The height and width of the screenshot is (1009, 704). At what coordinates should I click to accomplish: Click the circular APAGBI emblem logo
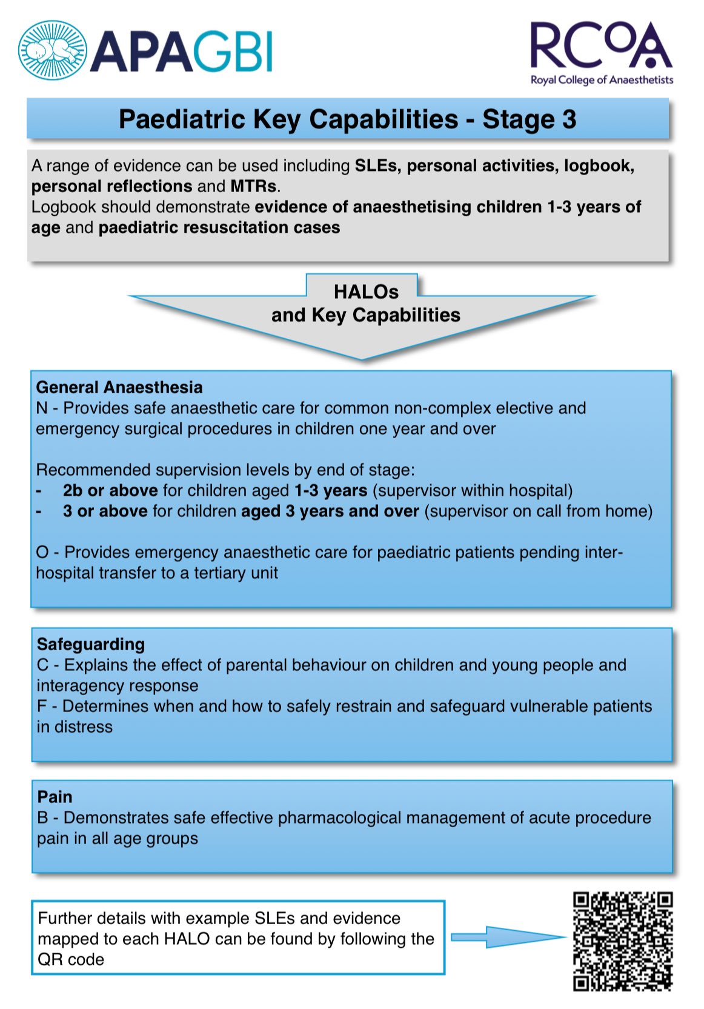click(52, 50)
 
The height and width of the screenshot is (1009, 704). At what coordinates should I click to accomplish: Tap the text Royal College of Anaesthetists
click(602, 80)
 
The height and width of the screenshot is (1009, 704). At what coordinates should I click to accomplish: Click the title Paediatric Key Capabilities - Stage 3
click(347, 119)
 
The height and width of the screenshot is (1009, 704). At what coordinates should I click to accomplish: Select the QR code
click(623, 941)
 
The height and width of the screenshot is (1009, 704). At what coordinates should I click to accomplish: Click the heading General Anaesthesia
click(119, 387)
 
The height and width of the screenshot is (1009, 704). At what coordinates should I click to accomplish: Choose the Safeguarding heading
click(91, 644)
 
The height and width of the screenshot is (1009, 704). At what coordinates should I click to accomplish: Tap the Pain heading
click(55, 797)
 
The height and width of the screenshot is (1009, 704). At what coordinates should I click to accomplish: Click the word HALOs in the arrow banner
click(366, 292)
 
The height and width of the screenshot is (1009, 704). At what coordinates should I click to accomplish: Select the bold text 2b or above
click(110, 490)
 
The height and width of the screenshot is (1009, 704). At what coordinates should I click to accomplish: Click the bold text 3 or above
click(105, 511)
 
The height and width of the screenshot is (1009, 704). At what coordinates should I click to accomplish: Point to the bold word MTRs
click(253, 186)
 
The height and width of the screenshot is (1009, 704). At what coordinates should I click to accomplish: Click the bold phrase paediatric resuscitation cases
click(219, 227)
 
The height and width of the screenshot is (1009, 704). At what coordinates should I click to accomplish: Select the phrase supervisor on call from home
click(538, 511)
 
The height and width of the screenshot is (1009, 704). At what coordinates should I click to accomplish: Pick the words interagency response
click(118, 685)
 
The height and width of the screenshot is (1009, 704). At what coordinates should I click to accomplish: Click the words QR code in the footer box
click(71, 959)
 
